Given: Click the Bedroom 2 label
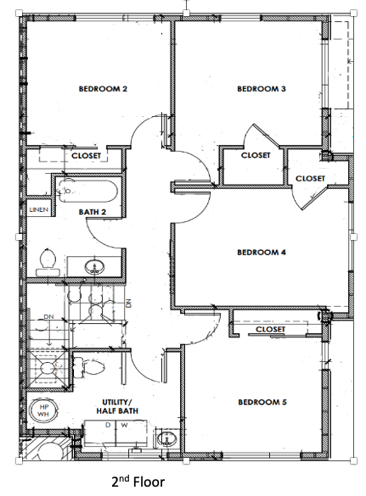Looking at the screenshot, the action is (103, 89).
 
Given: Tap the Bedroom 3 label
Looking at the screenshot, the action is (262, 89).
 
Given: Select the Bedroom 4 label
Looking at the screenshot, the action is (262, 252).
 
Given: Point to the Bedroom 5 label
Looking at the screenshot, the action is (262, 402).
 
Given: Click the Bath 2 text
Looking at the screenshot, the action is (93, 212).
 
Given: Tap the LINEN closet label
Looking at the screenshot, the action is (39, 209).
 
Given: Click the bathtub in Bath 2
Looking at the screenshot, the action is (87, 191).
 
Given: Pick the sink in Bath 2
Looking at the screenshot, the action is (94, 267).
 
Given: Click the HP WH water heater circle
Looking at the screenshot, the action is (43, 410).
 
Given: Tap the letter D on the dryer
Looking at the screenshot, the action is (108, 425).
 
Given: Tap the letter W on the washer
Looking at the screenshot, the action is (125, 425).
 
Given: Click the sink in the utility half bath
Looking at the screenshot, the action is (167, 439).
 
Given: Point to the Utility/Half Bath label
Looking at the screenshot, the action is (117, 406).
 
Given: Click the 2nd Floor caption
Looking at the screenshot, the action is (138, 482).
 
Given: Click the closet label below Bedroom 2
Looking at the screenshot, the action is (86, 156).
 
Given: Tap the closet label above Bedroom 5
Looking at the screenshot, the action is (270, 329).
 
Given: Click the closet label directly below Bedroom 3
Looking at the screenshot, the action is (256, 155).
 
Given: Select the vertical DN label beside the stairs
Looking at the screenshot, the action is (128, 304).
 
